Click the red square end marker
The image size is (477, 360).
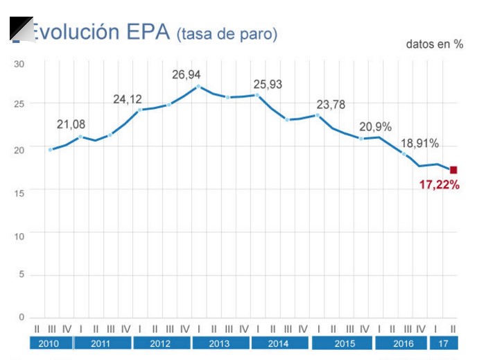pyautogui.click(x=453, y=170)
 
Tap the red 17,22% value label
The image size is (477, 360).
pyautogui.click(x=440, y=185)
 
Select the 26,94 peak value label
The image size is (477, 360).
pyautogui.click(x=189, y=74)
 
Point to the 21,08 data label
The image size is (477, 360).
pyautogui.click(x=71, y=124)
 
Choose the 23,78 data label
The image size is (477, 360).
pyautogui.click(x=331, y=105)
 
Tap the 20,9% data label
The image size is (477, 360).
pyautogui.click(x=376, y=127)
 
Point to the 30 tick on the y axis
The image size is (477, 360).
pyautogui.click(x=19, y=64)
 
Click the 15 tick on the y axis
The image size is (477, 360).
pyautogui.click(x=19, y=192)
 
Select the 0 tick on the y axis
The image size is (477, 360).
pyautogui.click(x=21, y=317)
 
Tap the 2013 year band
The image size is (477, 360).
pyautogui.click(x=220, y=343)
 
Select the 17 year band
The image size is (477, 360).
pyautogui.click(x=445, y=343)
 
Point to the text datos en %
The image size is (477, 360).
pyautogui.click(x=435, y=44)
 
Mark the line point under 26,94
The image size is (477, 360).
pyautogui.click(x=198, y=87)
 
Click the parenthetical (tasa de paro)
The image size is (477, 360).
pyautogui.click(x=227, y=34)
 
